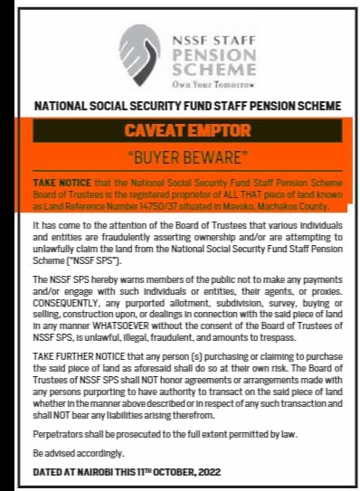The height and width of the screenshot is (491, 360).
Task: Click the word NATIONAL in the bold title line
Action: click(x=64, y=107)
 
